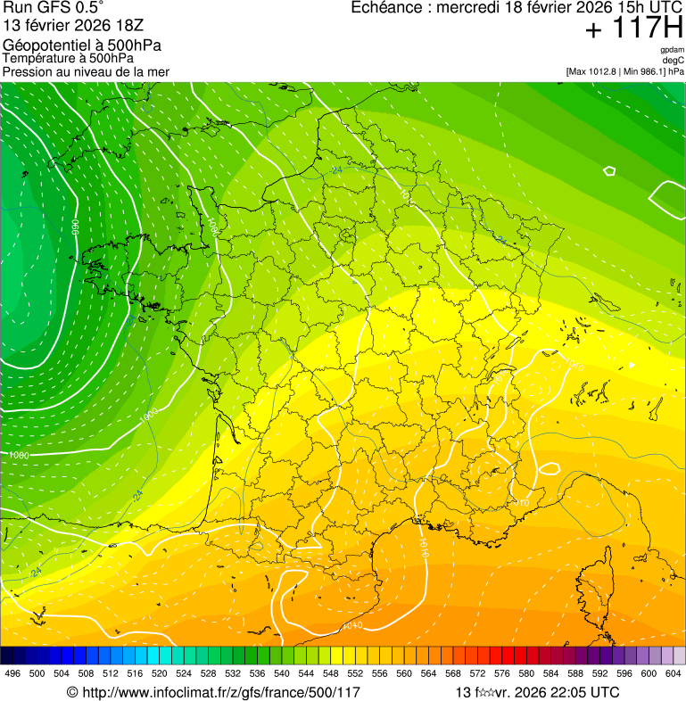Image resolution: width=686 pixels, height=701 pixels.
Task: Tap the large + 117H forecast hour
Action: coord(633,29)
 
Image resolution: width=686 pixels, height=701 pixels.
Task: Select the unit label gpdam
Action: coord(672,50)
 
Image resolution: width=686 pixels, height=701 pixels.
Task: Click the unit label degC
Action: coord(674,61)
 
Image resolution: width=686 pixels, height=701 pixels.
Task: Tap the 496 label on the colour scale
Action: coord(12,673)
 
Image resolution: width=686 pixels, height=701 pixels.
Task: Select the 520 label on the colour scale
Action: coord(160,673)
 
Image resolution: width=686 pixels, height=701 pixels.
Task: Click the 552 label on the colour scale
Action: coord(355,673)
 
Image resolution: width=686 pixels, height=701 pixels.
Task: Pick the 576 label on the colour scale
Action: coord(502,673)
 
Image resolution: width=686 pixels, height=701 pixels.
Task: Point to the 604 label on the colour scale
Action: coord(673,673)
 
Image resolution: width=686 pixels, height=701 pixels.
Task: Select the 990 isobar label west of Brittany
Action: coord(76,227)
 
